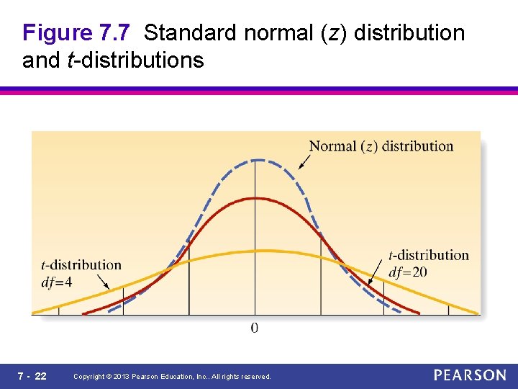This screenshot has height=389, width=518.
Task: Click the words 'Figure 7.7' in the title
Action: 76,33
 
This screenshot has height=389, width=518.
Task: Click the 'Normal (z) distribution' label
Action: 381,146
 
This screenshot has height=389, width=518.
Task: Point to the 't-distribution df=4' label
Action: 81,273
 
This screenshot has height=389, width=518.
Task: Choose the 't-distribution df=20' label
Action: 428,264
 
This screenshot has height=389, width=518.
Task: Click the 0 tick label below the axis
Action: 255,328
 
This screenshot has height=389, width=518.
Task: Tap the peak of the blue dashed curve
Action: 255,160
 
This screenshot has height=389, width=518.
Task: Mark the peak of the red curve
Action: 255,197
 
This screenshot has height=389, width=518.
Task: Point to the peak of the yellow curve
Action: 255,251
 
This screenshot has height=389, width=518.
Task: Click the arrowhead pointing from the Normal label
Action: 300,167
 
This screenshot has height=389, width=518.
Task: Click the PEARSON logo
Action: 470,375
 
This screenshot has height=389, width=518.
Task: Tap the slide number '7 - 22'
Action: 32,376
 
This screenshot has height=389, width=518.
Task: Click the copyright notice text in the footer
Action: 173,377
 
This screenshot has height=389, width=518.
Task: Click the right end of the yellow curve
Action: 478,313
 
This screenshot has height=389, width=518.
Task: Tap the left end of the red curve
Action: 84,313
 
